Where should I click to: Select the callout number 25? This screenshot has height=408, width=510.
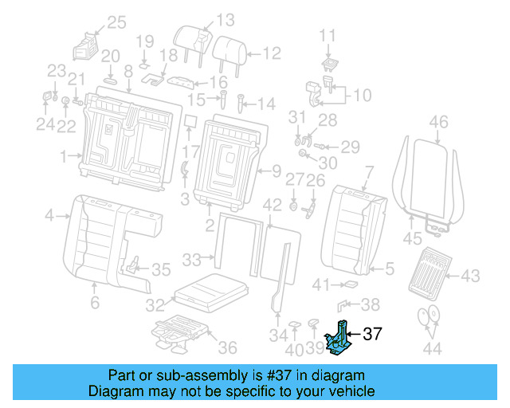tap(116, 22)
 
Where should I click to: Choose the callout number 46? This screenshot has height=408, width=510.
tap(438, 122)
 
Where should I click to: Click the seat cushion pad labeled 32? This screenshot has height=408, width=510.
tap(209, 291)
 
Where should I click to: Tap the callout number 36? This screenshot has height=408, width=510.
tap(227, 347)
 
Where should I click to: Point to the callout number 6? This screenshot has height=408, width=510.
tap(94, 303)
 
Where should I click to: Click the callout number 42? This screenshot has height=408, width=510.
tap(273, 205)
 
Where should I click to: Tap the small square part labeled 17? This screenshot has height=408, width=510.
tap(190, 121)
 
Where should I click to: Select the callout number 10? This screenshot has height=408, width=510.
tap(361, 96)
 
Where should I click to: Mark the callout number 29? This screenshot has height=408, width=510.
tap(351, 147)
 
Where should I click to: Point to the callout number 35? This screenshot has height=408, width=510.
tap(161, 269)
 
